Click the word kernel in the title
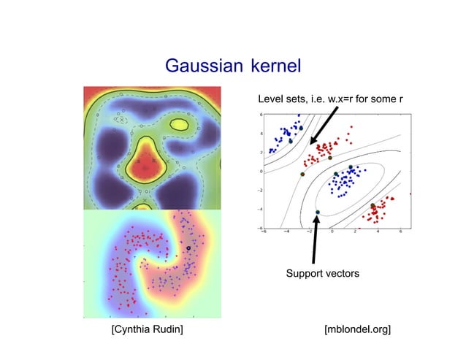pyautogui.click(x=275, y=66)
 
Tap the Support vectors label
pyautogui.click(x=322, y=273)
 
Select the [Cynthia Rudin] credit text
pyautogui.click(x=146, y=331)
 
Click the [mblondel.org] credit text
pyautogui.click(x=357, y=331)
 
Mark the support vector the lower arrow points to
pyautogui.click(x=318, y=212)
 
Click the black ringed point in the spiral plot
pyautogui.click(x=188, y=248)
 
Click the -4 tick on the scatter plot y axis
pyautogui.click(x=261, y=209)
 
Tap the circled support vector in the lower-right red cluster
pyautogui.click(x=373, y=206)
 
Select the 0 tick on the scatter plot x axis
pyautogui.click(x=332, y=232)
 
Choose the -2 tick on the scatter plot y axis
pyautogui.click(x=261, y=190)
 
